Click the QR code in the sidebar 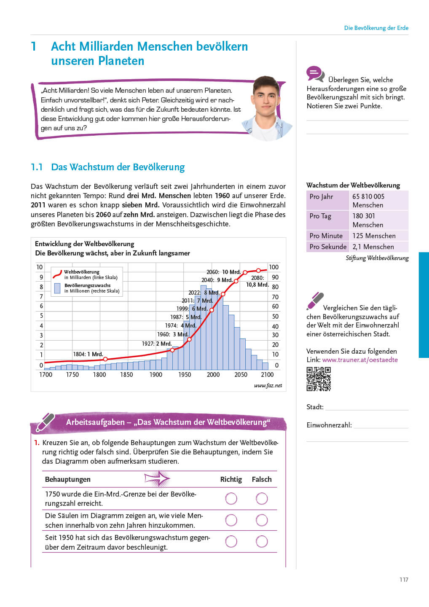tap(319, 379)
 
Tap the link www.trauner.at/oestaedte tap(360, 360)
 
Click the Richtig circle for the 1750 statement tap(231, 499)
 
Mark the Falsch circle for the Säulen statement tap(262, 520)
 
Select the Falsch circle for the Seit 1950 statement tap(262, 542)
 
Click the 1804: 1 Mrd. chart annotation tap(88, 354)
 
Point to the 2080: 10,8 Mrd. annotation tap(257, 281)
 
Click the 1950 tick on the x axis tap(184, 375)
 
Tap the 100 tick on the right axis tap(273, 267)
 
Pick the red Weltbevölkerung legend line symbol tap(57, 274)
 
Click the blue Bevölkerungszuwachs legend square tap(57, 288)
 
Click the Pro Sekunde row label tap(328, 247)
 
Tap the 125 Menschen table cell tap(374, 236)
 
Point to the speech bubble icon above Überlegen tap(315, 74)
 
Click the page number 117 tap(404, 580)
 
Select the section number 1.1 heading tap(37, 167)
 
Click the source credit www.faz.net tap(268, 386)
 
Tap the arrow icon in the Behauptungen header tap(157, 479)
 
